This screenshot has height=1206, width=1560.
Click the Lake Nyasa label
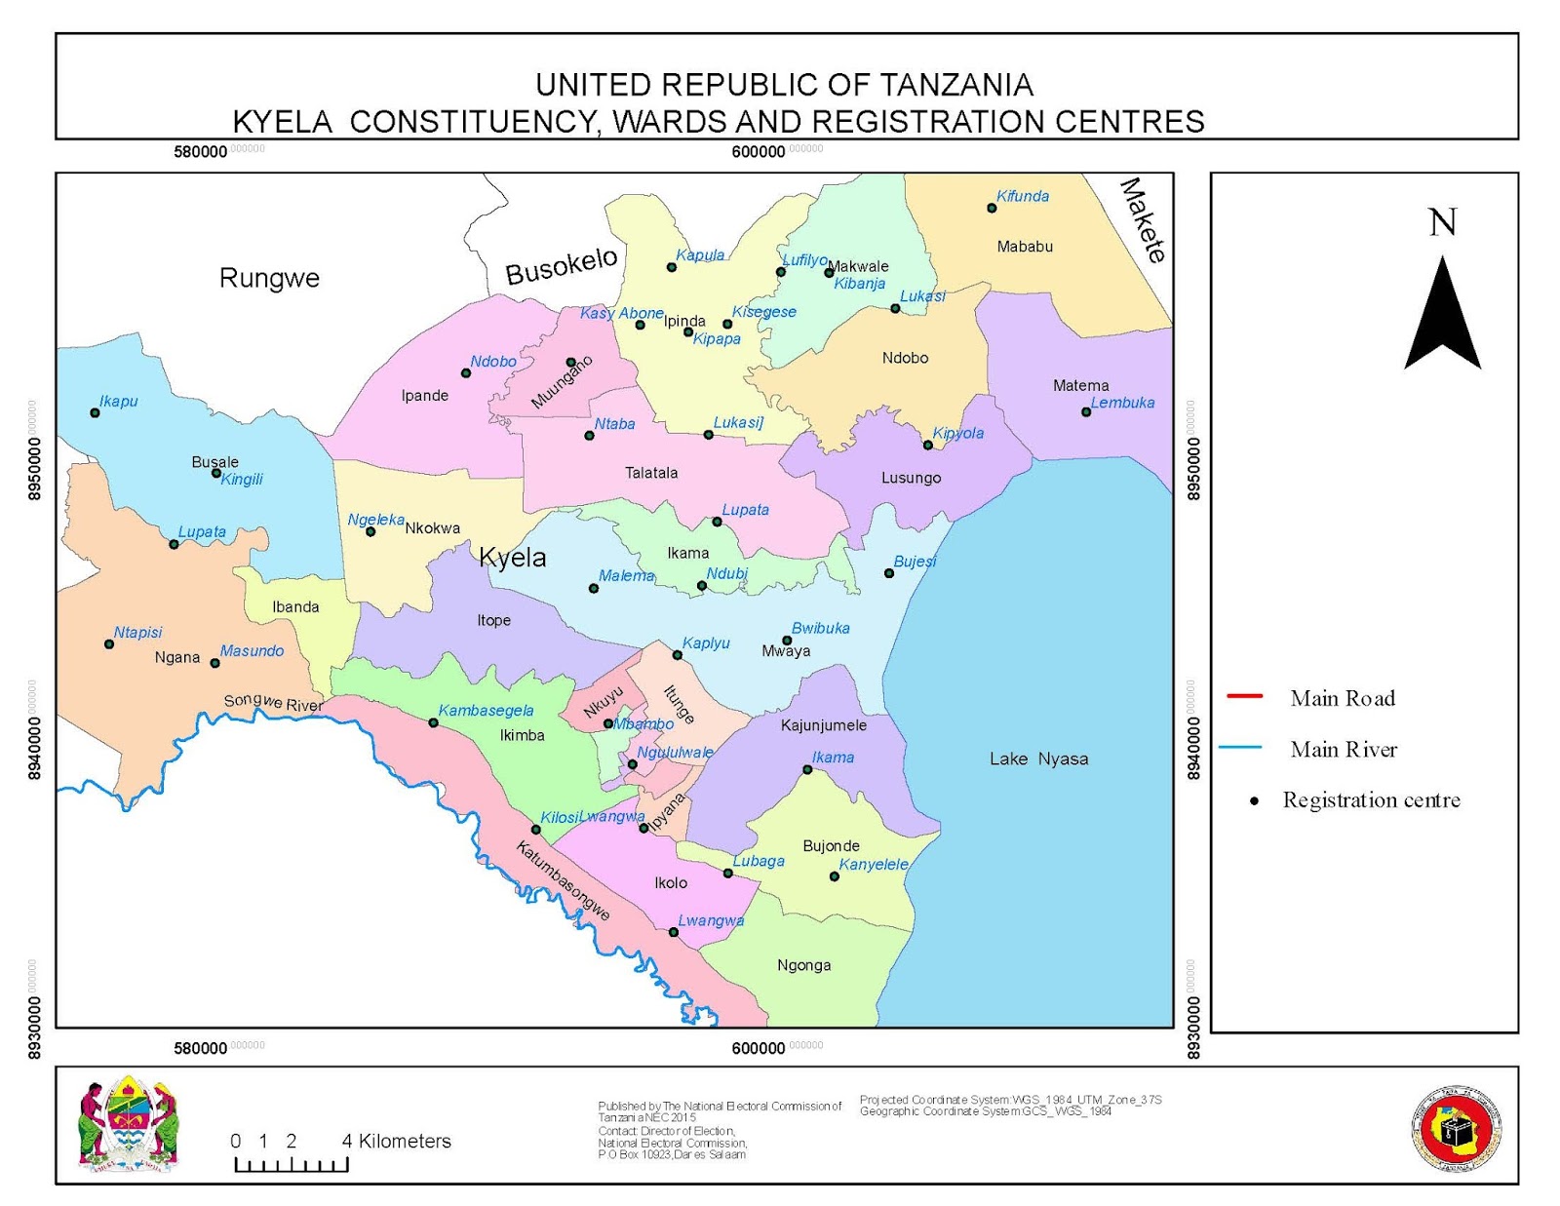[1038, 759]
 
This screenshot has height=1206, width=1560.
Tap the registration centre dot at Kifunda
[992, 208]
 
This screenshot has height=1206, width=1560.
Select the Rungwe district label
[269, 278]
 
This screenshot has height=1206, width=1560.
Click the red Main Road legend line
[1245, 696]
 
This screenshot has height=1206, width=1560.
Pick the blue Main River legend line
[1240, 748]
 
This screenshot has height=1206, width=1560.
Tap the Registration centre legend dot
[1255, 801]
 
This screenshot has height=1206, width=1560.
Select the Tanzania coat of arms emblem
[129, 1124]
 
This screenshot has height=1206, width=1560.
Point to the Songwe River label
[273, 703]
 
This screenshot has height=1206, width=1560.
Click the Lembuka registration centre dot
[1086, 411]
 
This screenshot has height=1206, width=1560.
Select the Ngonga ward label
[804, 965]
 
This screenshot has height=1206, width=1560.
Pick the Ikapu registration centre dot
[95, 412]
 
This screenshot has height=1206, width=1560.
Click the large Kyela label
[513, 558]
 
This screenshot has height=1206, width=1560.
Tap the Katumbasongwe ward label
[563, 881]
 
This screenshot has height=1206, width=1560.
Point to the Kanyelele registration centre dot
[835, 876]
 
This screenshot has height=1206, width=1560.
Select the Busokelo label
[562, 266]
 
